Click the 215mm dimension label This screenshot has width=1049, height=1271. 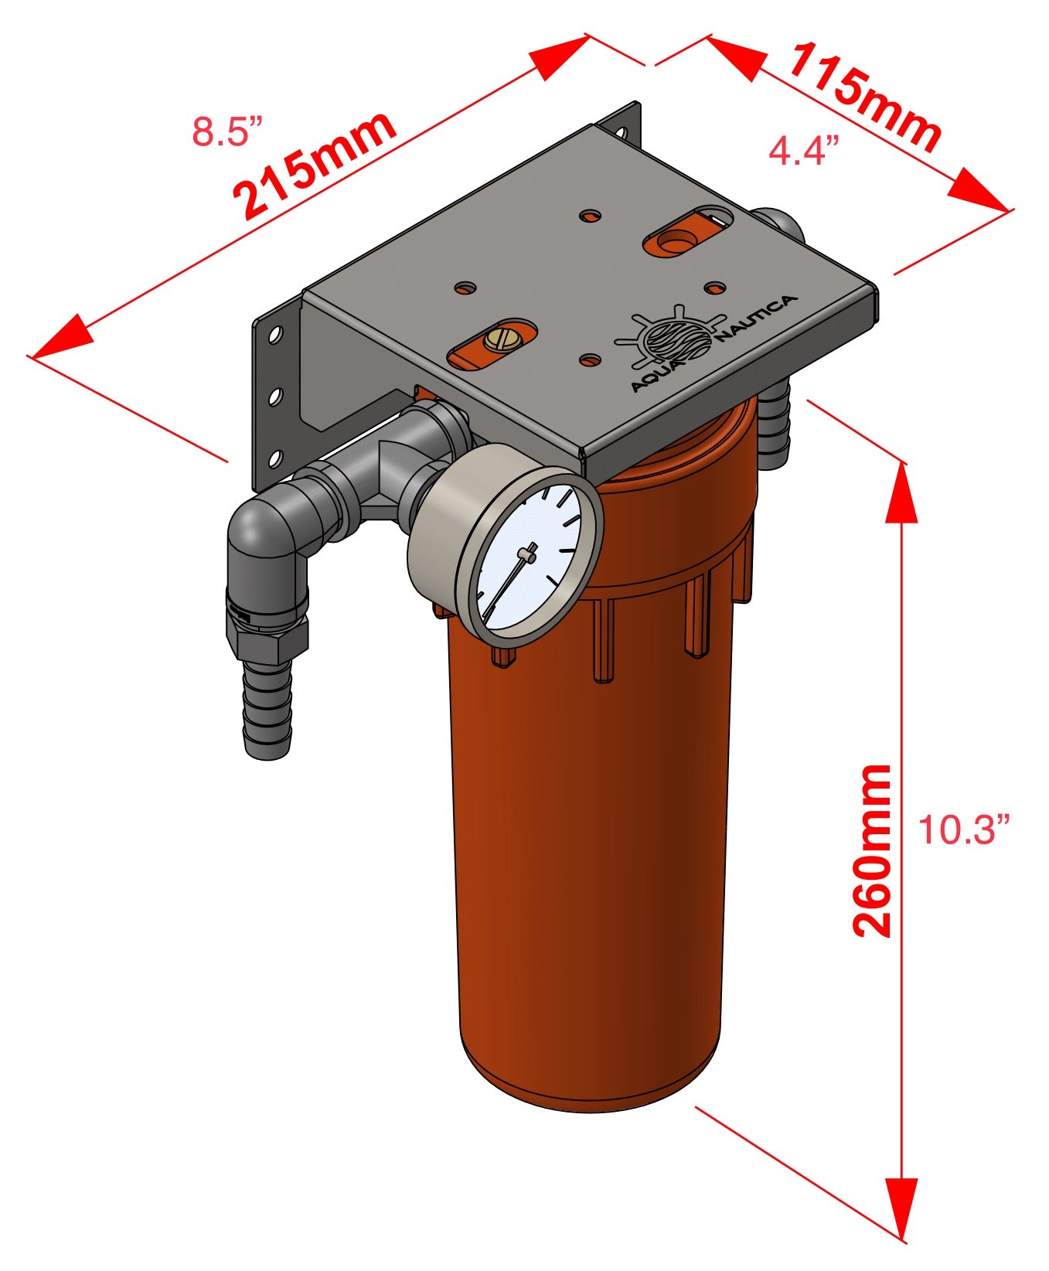(315, 165)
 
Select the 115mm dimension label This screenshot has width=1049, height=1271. (864, 97)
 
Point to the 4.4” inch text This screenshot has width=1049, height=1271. (804, 151)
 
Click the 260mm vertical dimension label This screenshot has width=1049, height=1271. (872, 851)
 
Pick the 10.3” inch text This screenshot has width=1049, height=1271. (964, 830)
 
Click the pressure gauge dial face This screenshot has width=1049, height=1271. (528, 554)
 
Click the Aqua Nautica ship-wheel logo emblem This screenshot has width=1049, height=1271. (669, 337)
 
